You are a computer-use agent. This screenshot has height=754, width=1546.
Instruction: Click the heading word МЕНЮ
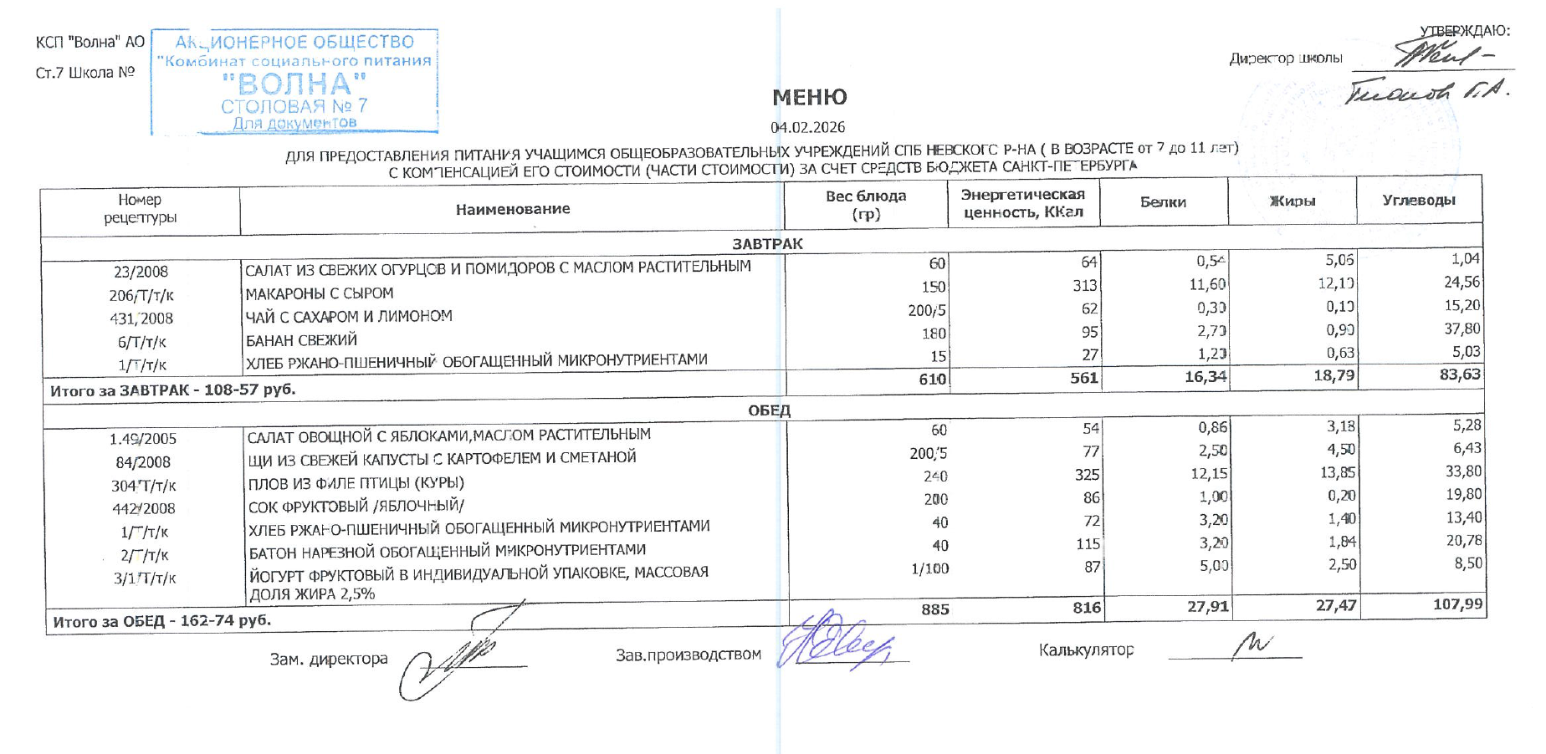click(x=809, y=98)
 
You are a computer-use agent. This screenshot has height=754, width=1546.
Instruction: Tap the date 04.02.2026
click(x=807, y=127)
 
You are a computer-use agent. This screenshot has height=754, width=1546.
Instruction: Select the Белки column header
click(x=1163, y=202)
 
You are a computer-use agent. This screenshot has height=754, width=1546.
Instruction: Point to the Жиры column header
click(x=1292, y=201)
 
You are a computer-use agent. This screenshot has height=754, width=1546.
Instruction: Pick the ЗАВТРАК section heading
click(x=767, y=244)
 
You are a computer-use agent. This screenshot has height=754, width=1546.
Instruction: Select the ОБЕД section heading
click(x=769, y=410)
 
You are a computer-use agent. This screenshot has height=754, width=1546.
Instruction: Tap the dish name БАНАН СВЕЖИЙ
click(x=301, y=340)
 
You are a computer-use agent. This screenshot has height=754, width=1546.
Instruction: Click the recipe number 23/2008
click(x=141, y=272)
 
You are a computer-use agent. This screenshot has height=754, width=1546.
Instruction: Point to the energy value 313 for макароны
click(x=1084, y=286)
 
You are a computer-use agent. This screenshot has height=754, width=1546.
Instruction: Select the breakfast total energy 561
click(x=1083, y=378)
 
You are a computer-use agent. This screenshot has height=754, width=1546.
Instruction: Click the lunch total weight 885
click(x=934, y=609)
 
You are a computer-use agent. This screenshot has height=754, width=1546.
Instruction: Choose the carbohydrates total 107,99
click(x=1457, y=604)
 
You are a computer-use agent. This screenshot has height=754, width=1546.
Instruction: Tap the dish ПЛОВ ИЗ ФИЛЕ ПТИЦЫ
click(x=356, y=484)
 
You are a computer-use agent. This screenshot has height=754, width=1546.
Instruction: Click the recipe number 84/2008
click(x=143, y=462)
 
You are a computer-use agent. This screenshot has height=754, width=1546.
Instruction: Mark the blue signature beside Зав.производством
click(x=835, y=642)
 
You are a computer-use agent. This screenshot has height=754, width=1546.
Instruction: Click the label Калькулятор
click(x=1086, y=650)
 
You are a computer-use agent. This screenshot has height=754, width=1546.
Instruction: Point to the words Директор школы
click(x=1285, y=59)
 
